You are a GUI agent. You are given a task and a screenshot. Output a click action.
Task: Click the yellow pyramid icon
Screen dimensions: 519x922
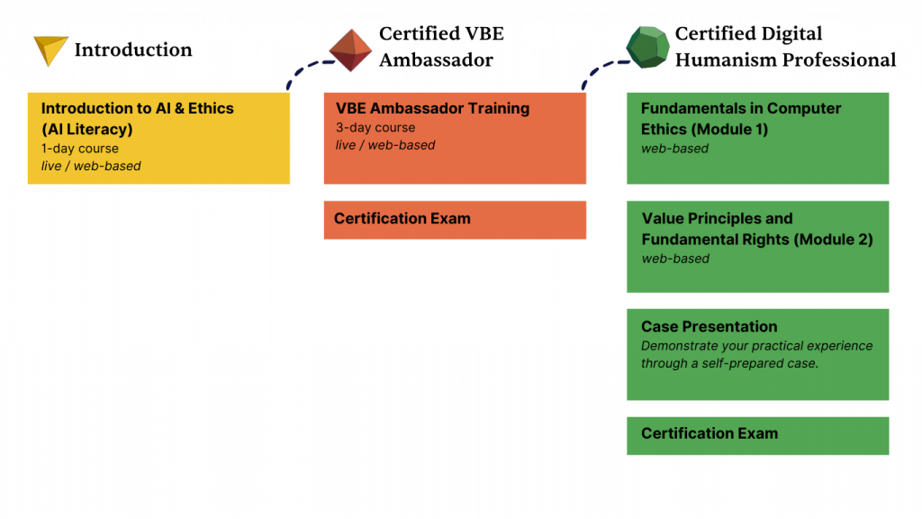(50, 50)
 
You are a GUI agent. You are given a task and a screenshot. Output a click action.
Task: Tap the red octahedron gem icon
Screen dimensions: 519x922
(350, 50)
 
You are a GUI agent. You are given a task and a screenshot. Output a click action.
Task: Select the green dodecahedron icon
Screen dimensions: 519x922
(647, 47)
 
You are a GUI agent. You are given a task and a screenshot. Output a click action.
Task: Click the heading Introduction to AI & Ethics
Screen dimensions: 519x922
(137, 108)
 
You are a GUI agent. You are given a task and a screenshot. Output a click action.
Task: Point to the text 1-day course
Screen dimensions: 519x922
(79, 148)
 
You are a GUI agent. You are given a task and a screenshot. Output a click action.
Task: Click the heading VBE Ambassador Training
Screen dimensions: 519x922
(432, 108)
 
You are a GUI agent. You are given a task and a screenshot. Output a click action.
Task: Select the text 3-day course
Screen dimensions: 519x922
(375, 128)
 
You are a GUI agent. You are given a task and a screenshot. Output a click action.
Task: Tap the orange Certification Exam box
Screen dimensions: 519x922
(455, 219)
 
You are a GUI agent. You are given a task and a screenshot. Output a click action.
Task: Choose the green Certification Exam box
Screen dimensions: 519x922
(757, 434)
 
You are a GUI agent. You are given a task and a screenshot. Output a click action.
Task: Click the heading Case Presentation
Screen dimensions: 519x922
(709, 326)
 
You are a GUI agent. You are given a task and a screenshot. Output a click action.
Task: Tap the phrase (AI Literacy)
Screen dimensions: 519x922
(86, 129)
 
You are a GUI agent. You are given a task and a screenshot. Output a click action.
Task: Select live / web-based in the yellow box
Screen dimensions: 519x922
(91, 166)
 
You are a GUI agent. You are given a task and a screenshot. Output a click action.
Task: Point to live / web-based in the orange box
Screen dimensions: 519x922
(385, 145)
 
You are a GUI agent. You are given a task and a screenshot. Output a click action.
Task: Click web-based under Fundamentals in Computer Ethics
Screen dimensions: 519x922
(674, 149)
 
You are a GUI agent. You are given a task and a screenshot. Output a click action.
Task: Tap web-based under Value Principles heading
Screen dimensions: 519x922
(675, 259)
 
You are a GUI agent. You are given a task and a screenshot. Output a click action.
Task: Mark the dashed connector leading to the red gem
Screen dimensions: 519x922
(306, 70)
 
